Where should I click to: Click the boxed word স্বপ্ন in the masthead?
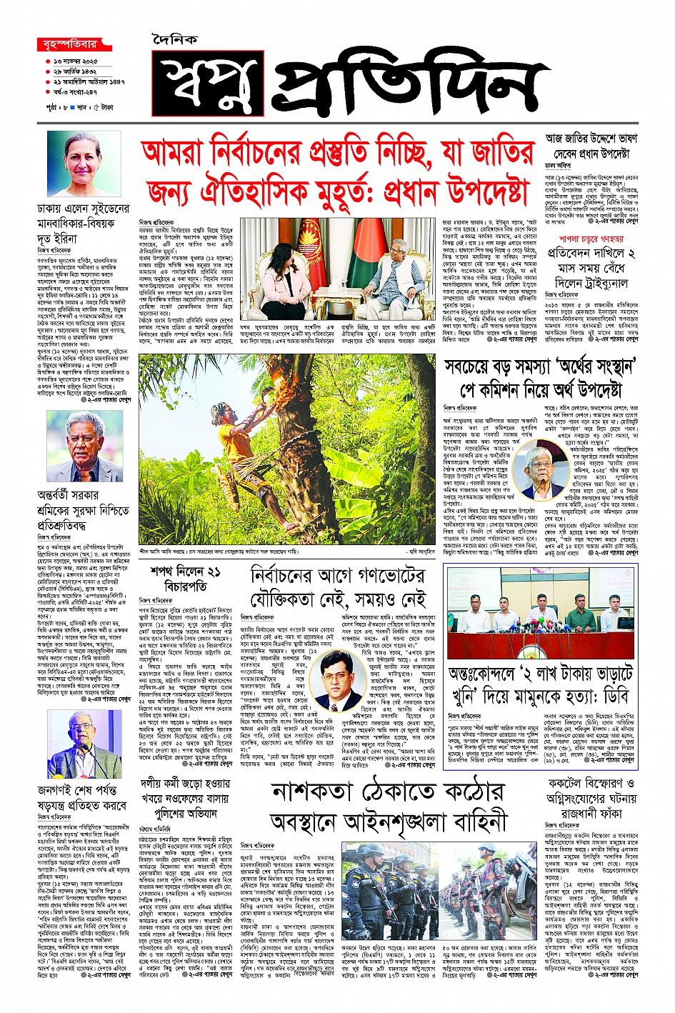point(207,84)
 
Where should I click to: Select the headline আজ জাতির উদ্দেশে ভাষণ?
point(591,139)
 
